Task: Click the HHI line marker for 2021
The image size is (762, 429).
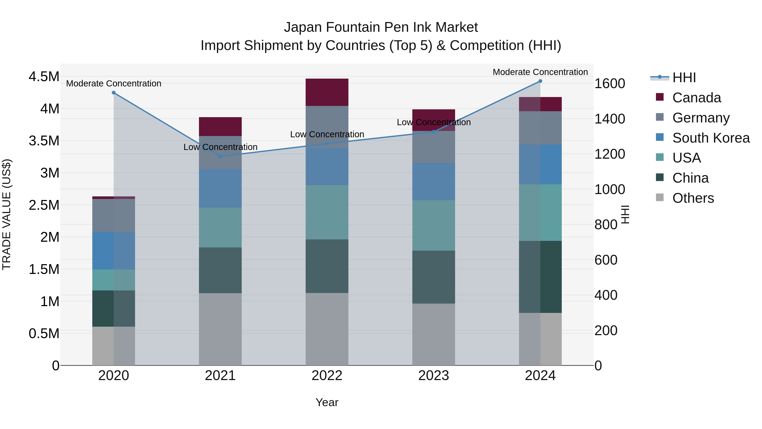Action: pyautogui.click(x=220, y=156)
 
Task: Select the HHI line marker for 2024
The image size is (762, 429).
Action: pyautogui.click(x=540, y=81)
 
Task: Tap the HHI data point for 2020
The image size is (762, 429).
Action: pyautogui.click(x=114, y=93)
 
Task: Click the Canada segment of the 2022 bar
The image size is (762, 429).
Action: pyautogui.click(x=327, y=92)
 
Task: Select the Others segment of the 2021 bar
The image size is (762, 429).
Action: pyautogui.click(x=220, y=329)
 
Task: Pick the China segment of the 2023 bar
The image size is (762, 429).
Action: pyautogui.click(x=434, y=277)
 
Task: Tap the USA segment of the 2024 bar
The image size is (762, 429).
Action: pyautogui.click(x=540, y=212)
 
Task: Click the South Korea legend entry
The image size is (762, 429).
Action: pyautogui.click(x=711, y=138)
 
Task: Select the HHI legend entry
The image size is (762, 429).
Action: pyautogui.click(x=684, y=78)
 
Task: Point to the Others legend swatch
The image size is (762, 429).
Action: pyautogui.click(x=660, y=197)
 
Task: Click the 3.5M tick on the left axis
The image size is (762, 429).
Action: pyautogui.click(x=44, y=141)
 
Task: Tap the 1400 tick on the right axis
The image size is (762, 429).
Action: pyautogui.click(x=610, y=119)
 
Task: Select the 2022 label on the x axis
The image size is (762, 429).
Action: pyautogui.click(x=327, y=376)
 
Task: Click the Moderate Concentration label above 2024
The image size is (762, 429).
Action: pyautogui.click(x=540, y=72)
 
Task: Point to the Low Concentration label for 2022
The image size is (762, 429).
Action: pyautogui.click(x=327, y=134)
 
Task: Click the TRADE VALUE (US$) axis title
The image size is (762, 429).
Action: pyautogui.click(x=7, y=214)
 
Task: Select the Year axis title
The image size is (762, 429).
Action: pyautogui.click(x=327, y=402)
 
